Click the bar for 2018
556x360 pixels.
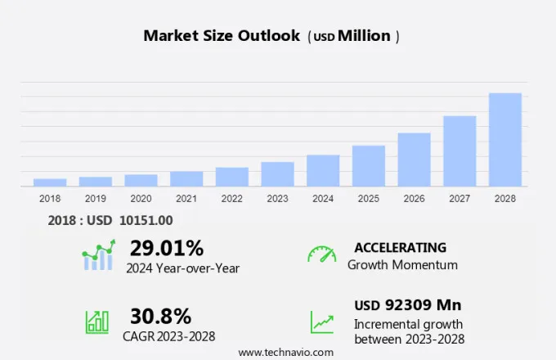point(50,182)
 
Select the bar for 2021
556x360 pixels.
point(186,178)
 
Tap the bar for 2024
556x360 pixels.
point(323,170)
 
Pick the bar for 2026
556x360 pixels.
point(414,160)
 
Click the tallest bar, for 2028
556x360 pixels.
point(505,139)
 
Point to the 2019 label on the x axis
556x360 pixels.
point(96,198)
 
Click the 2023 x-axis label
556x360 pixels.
point(277,198)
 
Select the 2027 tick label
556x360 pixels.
point(460,198)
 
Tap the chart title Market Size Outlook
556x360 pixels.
point(222,36)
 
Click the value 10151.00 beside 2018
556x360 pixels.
point(145,220)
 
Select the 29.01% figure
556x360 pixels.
point(167,248)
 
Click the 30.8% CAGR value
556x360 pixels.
point(160,316)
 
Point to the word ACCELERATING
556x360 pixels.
point(400,248)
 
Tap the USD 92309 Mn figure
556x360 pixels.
point(408,305)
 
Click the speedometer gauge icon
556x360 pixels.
point(321,254)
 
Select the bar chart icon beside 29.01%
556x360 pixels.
point(98,255)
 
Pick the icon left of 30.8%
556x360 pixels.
point(97,321)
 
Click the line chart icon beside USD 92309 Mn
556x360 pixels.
point(321,321)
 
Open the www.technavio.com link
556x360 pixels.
point(286,352)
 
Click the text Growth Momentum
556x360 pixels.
point(402,265)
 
